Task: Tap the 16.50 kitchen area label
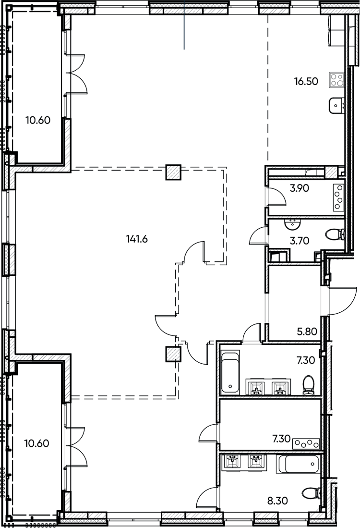tap(306, 81)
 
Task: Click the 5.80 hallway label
tap(306, 331)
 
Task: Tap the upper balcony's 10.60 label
tap(38, 120)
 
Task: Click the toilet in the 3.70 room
tap(335, 234)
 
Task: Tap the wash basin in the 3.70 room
tap(291, 224)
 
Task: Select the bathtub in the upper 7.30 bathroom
tap(230, 373)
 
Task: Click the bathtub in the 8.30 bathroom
tap(299, 465)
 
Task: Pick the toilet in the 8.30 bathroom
tap(312, 493)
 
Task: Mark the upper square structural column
tap(173, 172)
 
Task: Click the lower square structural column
tap(173, 355)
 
